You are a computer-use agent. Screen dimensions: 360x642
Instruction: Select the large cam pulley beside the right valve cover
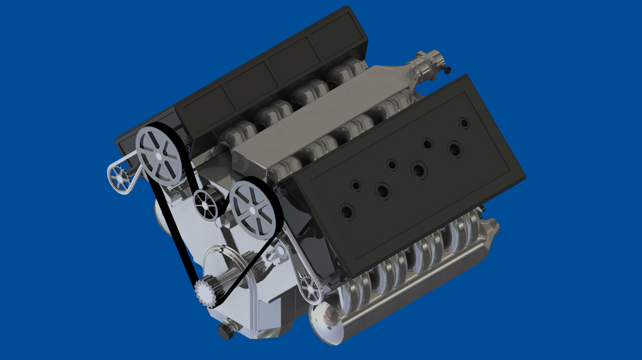click(x=252, y=208)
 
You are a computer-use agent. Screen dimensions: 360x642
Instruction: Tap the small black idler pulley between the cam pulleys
click(x=207, y=203)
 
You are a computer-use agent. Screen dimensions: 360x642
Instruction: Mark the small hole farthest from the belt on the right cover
click(x=463, y=122)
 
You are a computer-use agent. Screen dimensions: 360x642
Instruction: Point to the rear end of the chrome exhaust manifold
click(x=492, y=228)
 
